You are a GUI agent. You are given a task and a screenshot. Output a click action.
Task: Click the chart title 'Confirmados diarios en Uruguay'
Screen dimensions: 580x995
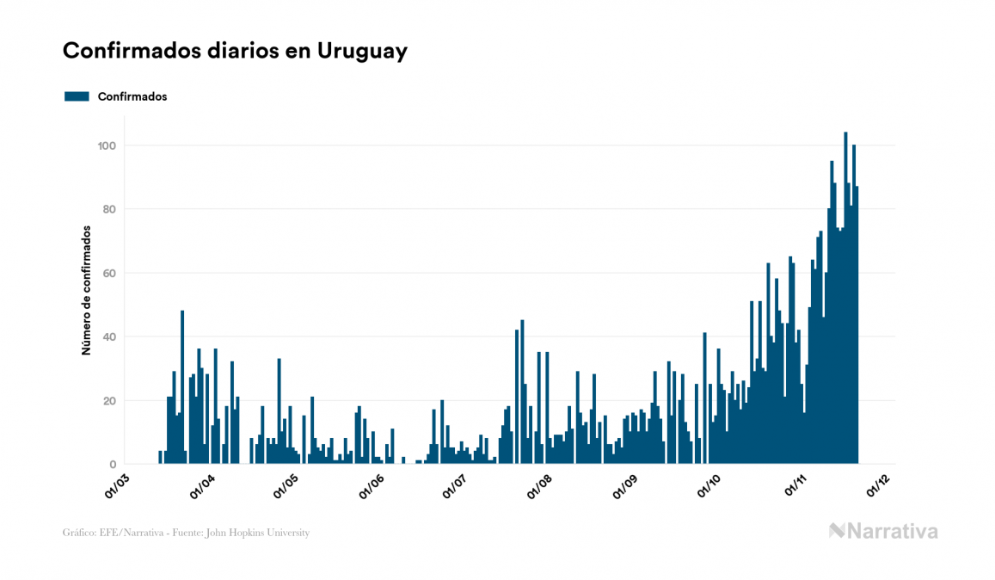235,52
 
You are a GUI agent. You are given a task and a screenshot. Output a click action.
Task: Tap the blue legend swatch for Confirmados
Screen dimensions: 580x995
77,96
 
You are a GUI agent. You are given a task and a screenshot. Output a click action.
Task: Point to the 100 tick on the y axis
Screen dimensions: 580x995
107,145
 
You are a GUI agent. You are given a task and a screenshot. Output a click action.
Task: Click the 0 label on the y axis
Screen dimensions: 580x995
113,465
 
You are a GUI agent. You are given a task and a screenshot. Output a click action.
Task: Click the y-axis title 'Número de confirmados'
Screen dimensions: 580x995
86,291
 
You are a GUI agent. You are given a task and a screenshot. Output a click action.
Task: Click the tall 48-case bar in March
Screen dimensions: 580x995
182,387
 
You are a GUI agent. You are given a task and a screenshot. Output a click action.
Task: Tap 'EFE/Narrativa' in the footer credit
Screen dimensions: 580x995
127,533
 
